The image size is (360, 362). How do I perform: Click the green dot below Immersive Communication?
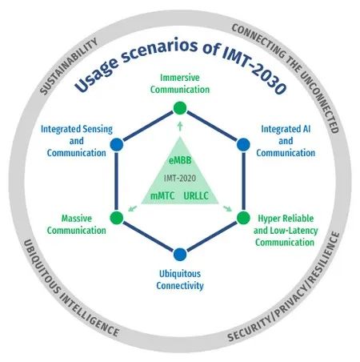point(180,108)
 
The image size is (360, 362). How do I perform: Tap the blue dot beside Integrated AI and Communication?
point(243,145)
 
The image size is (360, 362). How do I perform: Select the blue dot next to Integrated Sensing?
point(117,145)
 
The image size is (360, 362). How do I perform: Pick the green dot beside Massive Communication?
point(117,218)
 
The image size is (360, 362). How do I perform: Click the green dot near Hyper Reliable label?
point(243,218)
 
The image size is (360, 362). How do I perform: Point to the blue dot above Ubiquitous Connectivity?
point(180,255)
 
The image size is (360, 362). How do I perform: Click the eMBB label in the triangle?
point(180,160)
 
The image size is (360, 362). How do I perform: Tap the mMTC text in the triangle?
point(162,196)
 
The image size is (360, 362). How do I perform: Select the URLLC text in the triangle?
point(196,196)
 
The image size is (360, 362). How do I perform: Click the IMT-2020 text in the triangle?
point(180,178)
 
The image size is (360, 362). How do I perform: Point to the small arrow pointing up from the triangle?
point(180,127)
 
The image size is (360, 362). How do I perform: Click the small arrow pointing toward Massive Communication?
point(133,208)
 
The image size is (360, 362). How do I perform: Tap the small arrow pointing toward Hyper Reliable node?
point(227,208)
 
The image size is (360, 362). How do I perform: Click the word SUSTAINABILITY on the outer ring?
point(69,66)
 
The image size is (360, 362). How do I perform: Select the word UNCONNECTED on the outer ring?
point(321,101)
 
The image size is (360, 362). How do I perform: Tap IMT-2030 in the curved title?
point(254,70)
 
